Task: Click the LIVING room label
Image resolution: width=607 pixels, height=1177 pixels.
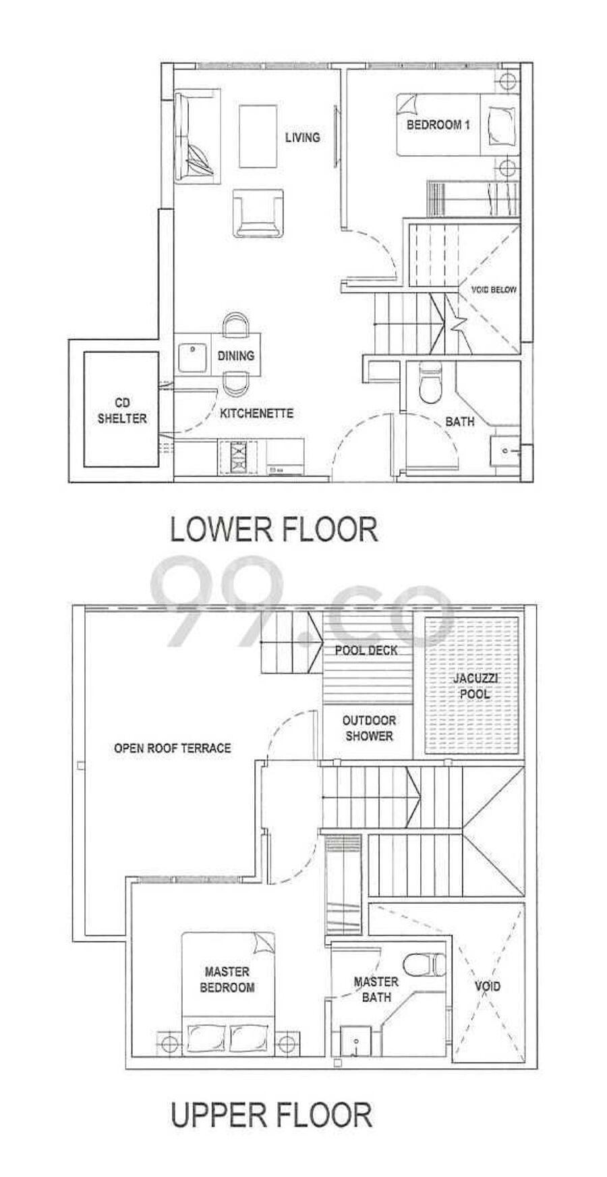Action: click(301, 138)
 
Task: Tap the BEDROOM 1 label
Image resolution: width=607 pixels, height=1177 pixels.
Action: click(438, 125)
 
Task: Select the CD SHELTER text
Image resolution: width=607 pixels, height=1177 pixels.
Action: click(122, 411)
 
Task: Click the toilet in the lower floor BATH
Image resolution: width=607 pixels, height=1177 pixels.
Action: click(429, 383)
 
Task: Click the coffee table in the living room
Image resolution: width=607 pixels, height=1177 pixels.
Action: click(258, 136)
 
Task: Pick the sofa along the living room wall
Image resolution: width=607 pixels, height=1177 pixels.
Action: click(195, 136)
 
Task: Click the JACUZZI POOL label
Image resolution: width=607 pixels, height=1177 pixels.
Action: click(474, 686)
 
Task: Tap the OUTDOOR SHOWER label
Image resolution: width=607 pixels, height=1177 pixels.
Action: click(369, 728)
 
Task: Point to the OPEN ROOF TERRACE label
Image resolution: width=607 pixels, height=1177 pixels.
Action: click(172, 748)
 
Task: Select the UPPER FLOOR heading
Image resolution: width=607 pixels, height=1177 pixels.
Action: click(271, 1114)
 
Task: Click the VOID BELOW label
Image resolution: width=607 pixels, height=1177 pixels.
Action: click(494, 290)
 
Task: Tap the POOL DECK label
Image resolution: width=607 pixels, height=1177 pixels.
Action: click(366, 651)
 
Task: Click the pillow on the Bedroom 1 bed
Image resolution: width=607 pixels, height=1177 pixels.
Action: click(499, 125)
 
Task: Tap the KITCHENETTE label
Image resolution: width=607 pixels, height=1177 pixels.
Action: click(257, 413)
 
